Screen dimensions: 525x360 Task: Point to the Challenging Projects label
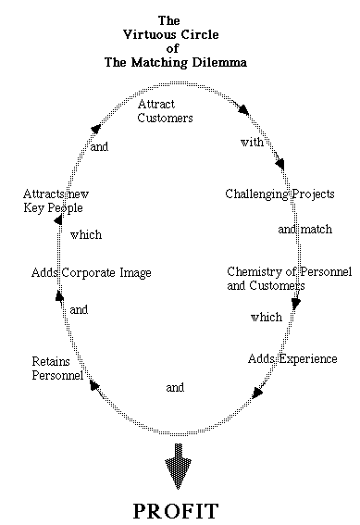pos(279,194)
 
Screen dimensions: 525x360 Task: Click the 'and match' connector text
pos(298,228)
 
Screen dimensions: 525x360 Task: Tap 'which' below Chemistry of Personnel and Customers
pos(266,317)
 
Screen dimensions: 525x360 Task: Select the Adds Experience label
pos(292,358)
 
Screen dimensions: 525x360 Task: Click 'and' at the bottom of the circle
pos(175,387)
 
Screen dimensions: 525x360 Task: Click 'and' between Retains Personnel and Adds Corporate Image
pos(79,310)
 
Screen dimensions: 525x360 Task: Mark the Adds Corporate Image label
pos(91,273)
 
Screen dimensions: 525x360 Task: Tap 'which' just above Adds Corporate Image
pos(85,234)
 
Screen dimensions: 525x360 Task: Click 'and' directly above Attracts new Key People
pos(99,146)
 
